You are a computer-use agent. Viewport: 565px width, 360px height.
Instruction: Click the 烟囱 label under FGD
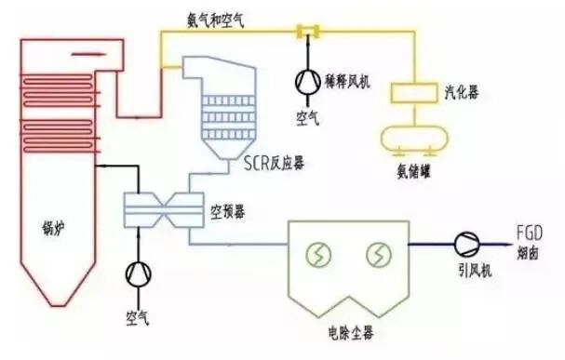(x=529, y=251)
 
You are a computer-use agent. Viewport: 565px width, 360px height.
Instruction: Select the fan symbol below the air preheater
(x=139, y=273)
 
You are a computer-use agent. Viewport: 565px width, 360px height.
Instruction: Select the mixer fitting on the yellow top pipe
(x=304, y=33)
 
